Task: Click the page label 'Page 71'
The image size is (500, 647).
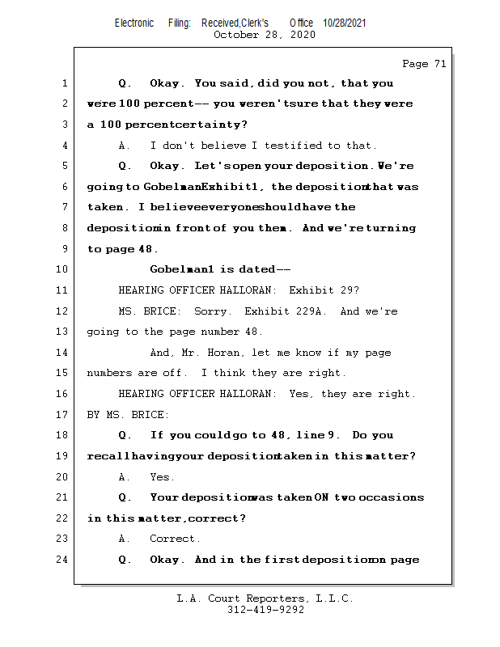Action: click(424, 64)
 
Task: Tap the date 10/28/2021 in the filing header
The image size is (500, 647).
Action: click(344, 23)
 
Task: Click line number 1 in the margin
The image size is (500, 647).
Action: click(64, 83)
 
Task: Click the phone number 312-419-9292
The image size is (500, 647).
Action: click(265, 610)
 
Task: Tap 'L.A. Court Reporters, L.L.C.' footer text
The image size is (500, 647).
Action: click(265, 598)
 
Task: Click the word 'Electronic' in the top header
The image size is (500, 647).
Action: click(134, 23)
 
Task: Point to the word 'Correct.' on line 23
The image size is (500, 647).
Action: click(176, 539)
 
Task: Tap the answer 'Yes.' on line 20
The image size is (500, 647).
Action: click(163, 477)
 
